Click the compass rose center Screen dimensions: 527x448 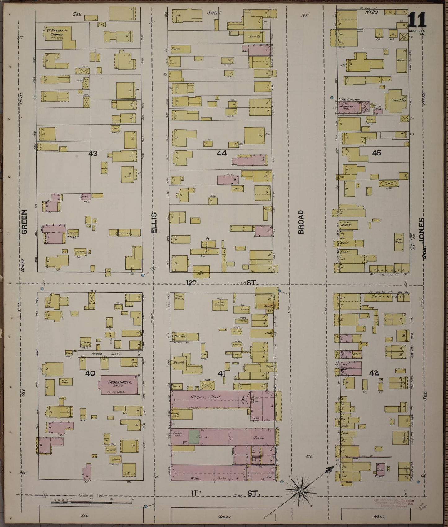point(300,491)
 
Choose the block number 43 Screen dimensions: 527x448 point(93,153)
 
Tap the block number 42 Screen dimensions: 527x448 point(374,373)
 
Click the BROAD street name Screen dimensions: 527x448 point(301,222)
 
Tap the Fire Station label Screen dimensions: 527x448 point(349,99)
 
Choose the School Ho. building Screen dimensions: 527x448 point(397,101)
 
